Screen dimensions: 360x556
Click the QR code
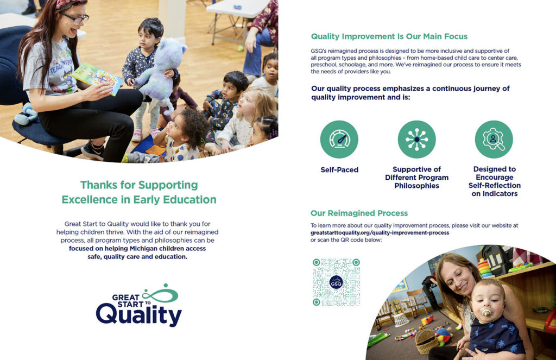click(x=336, y=282)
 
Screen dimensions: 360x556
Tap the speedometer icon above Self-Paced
click(x=339, y=140)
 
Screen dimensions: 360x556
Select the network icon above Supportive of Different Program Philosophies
click(x=416, y=140)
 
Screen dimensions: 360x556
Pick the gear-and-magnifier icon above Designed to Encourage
click(x=494, y=140)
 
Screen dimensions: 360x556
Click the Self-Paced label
click(x=339, y=170)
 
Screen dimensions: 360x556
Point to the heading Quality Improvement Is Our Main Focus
click(x=389, y=36)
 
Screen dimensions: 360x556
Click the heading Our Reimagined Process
click(x=359, y=213)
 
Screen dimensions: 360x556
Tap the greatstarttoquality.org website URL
click(x=380, y=232)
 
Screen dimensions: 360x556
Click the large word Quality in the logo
click(x=139, y=315)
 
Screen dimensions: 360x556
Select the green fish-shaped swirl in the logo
click(x=161, y=294)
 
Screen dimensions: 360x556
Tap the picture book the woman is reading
click(x=98, y=78)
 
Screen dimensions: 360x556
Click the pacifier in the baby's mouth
click(x=487, y=313)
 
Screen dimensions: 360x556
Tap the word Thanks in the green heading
click(x=99, y=185)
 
